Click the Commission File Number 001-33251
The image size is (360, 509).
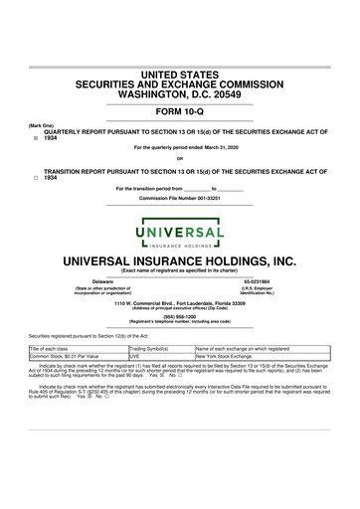(179, 197)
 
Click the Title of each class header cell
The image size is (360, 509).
(58, 349)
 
